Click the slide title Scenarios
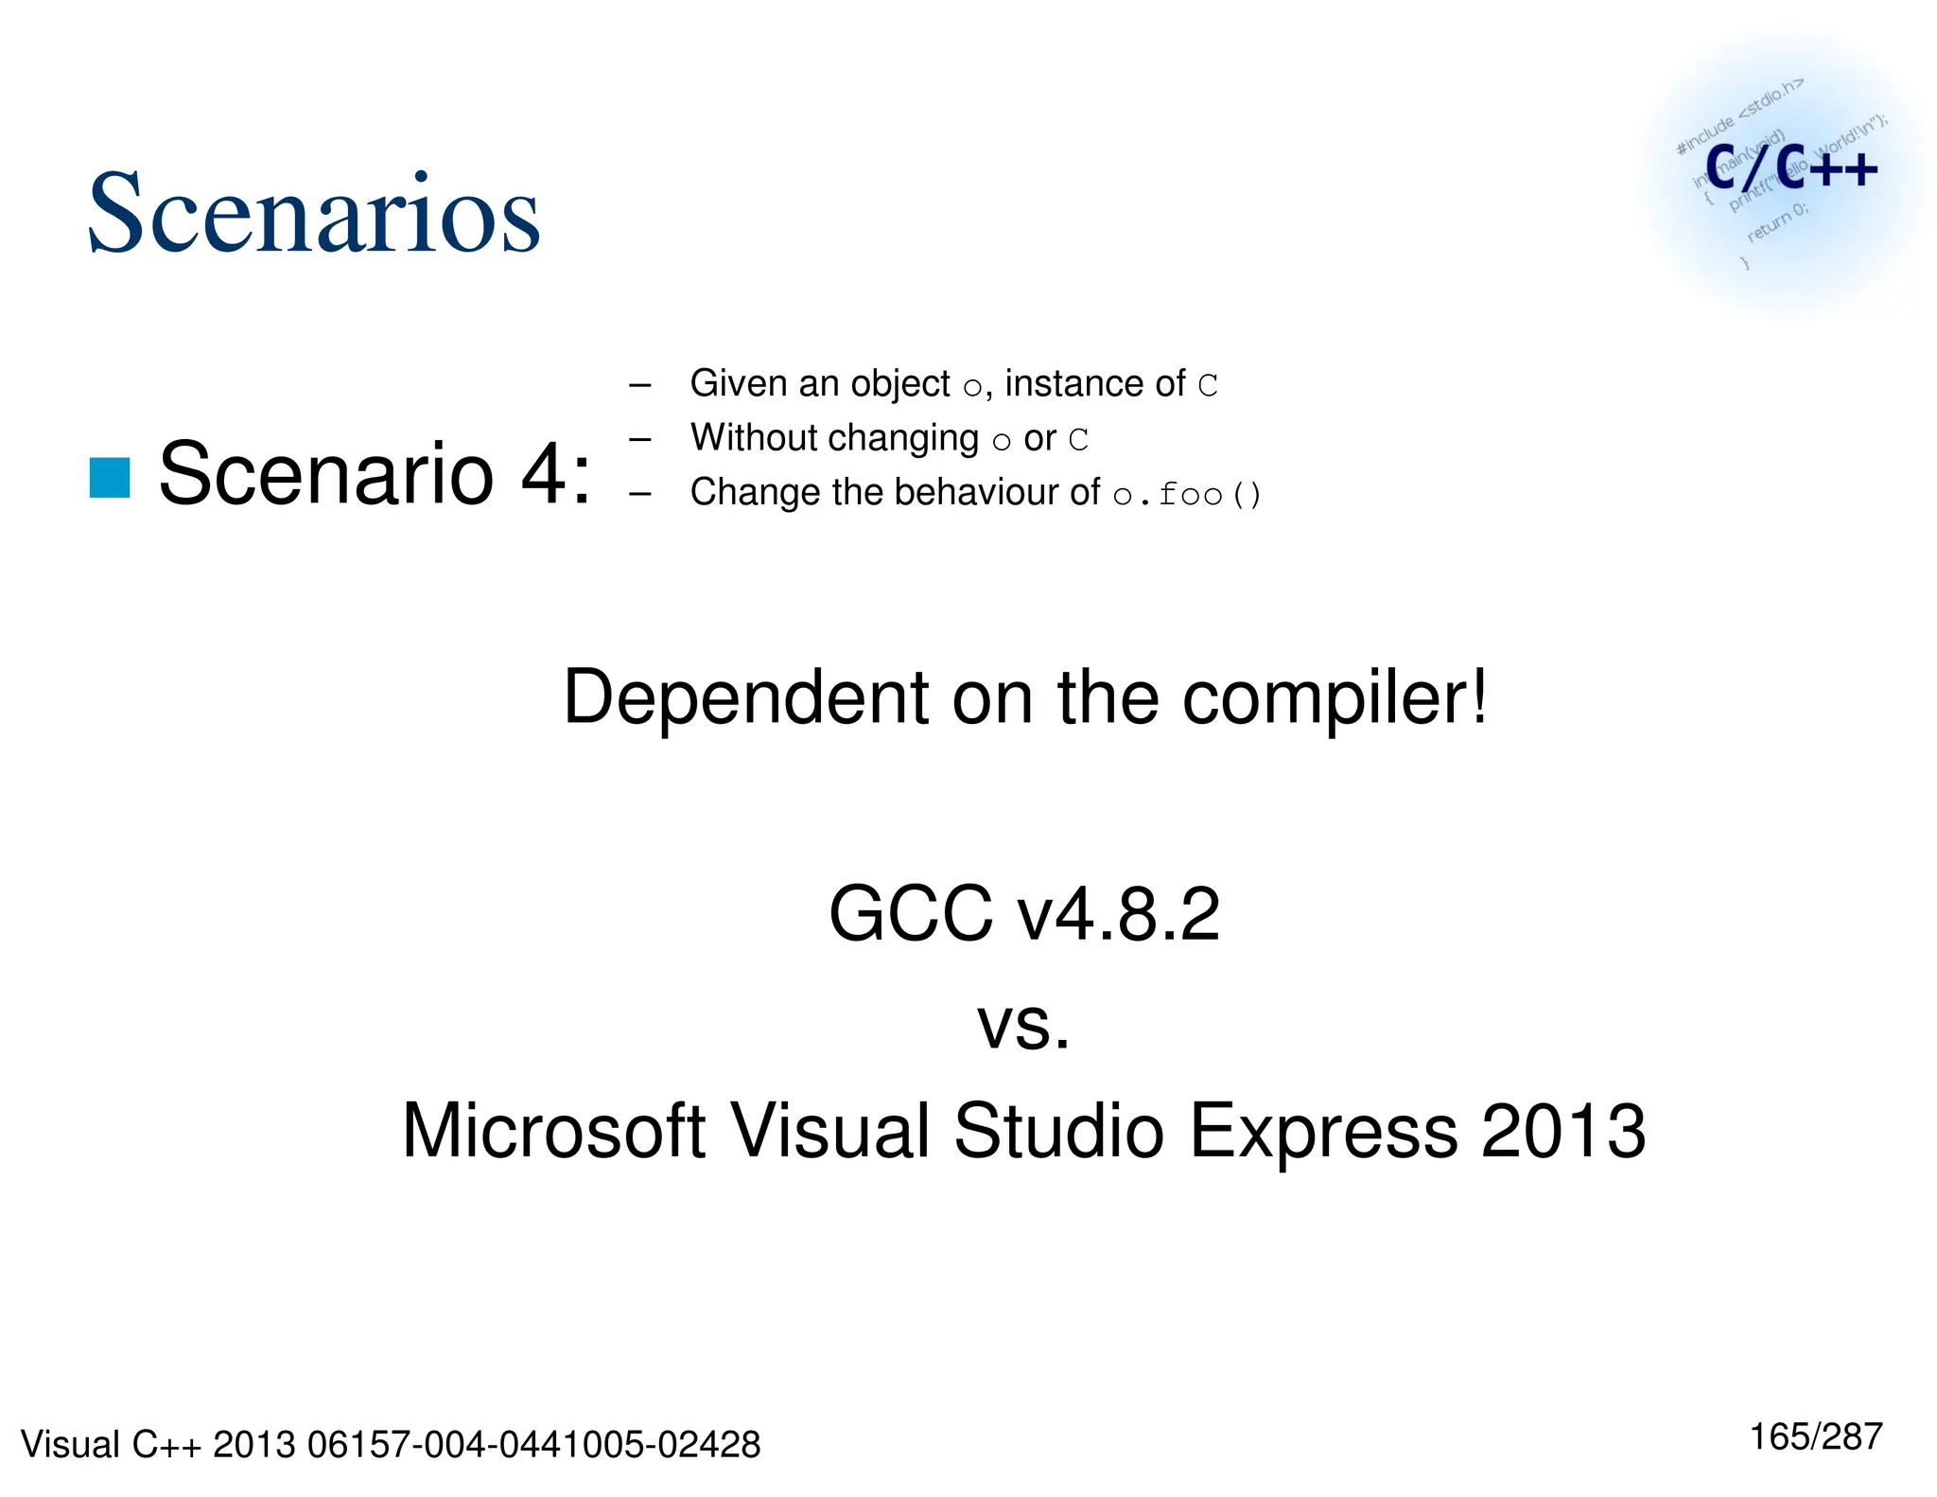click(313, 214)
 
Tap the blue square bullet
click(110, 477)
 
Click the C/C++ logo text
click(1790, 168)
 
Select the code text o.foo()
click(1187, 494)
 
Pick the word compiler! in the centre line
click(1335, 699)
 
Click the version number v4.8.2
click(1118, 914)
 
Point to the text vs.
click(1023, 1026)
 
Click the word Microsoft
click(553, 1131)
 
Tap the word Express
click(1323, 1133)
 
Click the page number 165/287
click(1816, 1436)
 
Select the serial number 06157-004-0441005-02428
click(533, 1445)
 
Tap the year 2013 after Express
click(1563, 1131)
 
